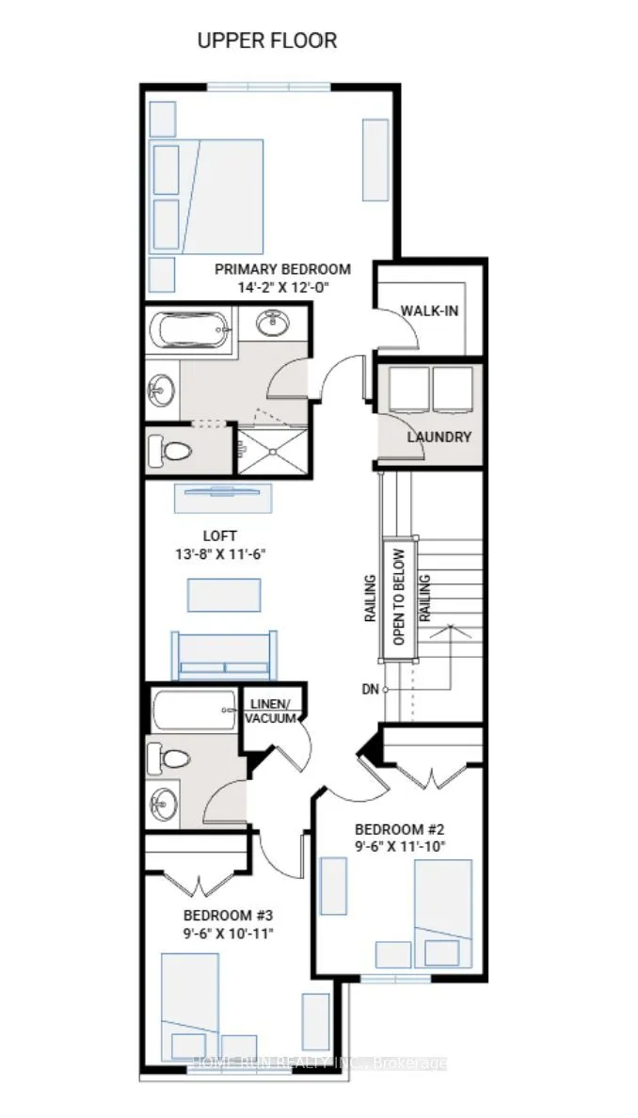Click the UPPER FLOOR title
point(266,40)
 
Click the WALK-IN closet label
point(429,310)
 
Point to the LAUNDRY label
point(439,438)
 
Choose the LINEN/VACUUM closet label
point(271,711)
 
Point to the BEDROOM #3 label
point(228,915)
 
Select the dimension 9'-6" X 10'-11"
point(228,934)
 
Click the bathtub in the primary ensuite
point(188,331)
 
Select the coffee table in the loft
point(224,595)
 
